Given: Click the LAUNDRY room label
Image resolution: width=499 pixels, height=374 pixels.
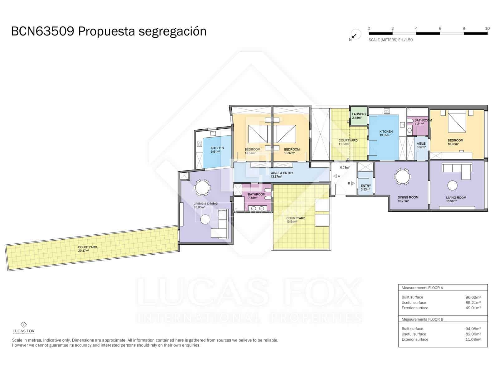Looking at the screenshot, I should pos(359,116).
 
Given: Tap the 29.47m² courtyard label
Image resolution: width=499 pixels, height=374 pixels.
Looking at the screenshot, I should pos(87,249).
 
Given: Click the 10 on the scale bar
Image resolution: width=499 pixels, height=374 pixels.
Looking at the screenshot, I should pos(487,28).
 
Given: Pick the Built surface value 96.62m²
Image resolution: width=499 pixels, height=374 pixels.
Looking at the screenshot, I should pos(473,297).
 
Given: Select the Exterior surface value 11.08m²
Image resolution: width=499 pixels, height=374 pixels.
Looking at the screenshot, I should pos(473,339).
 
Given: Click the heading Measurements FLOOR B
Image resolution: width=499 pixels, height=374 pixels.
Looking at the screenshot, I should pos(422,319).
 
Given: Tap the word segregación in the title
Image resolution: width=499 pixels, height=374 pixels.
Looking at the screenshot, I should pos(172,31).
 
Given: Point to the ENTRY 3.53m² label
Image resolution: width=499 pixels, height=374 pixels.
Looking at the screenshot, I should pos(366,187).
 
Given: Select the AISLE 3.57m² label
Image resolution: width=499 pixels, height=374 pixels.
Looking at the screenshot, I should pos(421,145).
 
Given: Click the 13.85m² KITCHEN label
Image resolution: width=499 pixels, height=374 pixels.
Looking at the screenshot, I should pos(386,133).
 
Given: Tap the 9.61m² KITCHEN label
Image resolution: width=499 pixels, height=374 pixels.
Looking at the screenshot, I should pos(217,150).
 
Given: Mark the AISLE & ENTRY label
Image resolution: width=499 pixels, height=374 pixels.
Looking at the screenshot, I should pos(282,175).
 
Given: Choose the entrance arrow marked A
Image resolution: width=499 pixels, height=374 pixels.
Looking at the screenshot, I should pos(335,176).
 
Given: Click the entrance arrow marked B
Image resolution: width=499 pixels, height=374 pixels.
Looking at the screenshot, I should pos(352,184).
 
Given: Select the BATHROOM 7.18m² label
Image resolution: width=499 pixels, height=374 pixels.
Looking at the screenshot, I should pos(256,196).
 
